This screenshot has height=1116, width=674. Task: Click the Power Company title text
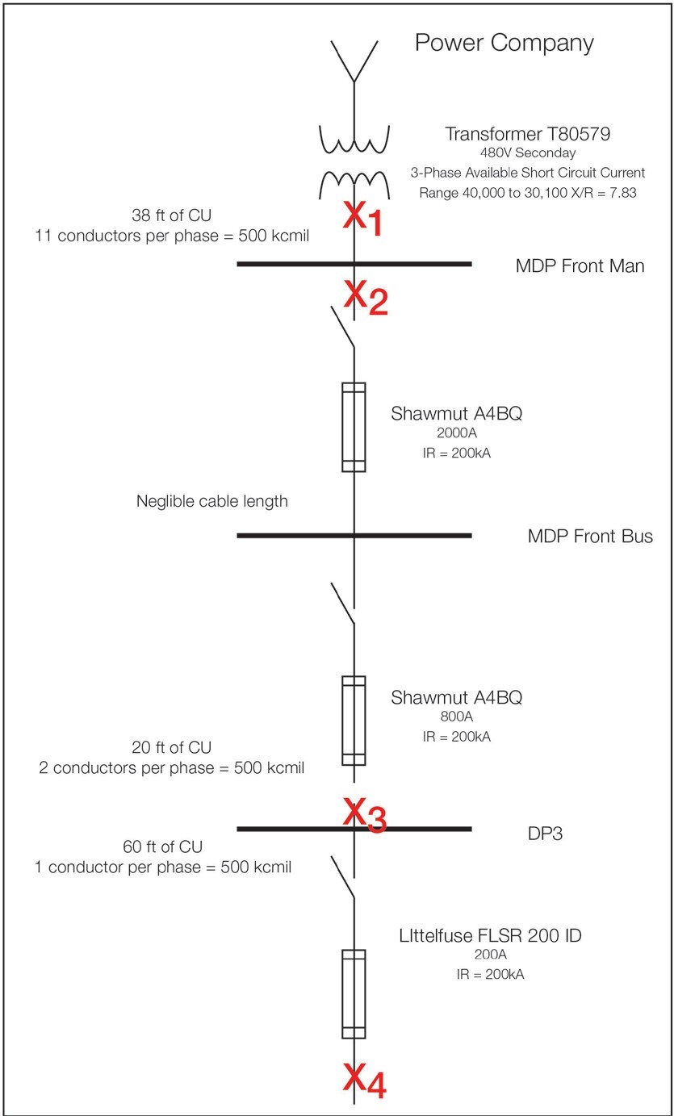pos(504,43)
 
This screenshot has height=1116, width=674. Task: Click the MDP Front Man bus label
pos(580,265)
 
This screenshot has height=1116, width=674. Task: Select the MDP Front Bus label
pos(590,536)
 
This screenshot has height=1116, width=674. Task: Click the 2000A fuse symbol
pos(354,427)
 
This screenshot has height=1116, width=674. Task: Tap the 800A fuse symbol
pos(354,720)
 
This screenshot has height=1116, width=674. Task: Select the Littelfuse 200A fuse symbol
pos(354,993)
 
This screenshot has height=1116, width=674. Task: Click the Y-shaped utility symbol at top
pos(354,61)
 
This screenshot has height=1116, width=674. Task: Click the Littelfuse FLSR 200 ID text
pos(490,936)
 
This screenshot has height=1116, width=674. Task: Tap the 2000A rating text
pos(456,433)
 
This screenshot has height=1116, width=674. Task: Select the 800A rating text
pos(456,717)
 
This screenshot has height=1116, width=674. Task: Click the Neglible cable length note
pos(211,501)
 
